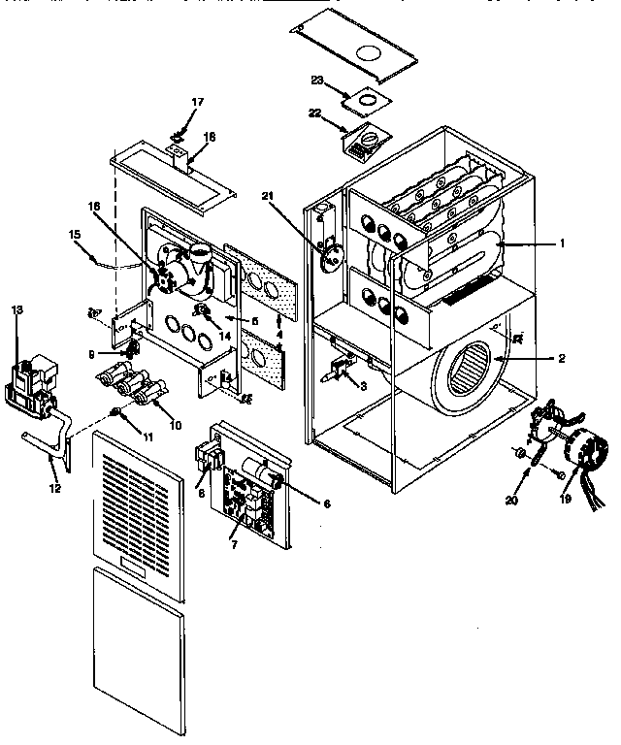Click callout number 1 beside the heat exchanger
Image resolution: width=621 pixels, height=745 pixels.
click(560, 244)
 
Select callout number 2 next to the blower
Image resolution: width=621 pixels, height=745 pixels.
click(560, 357)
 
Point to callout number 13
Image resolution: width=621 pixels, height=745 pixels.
click(16, 308)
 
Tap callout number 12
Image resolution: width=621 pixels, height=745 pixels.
click(55, 488)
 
